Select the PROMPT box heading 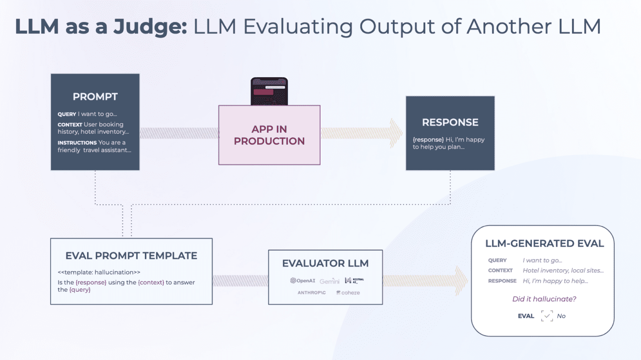point(95,97)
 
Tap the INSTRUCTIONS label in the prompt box point(77,142)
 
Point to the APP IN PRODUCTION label point(269,135)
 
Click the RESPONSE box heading point(450,122)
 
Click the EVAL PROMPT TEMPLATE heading point(131,256)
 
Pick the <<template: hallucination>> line point(99,272)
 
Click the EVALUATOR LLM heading point(325,263)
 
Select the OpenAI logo point(302,281)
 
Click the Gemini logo point(330,281)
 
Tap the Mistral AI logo point(354,281)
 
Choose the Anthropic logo point(311,293)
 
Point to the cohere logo point(348,293)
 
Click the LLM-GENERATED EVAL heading point(544,243)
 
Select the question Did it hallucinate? point(544,299)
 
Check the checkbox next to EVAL point(547,316)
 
